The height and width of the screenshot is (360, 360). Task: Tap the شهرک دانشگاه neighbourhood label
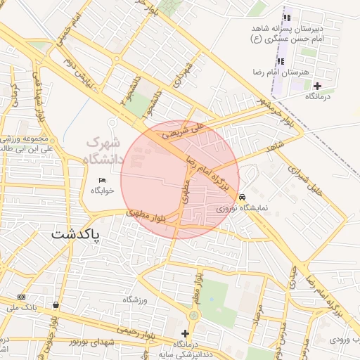click(105, 150)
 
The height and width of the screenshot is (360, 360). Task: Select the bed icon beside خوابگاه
click(103, 180)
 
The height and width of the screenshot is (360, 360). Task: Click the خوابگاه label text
click(103, 190)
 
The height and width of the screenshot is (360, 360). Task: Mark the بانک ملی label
click(20, 307)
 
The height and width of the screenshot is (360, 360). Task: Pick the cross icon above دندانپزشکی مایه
click(185, 333)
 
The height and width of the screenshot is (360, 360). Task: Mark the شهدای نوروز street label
click(72, 342)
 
